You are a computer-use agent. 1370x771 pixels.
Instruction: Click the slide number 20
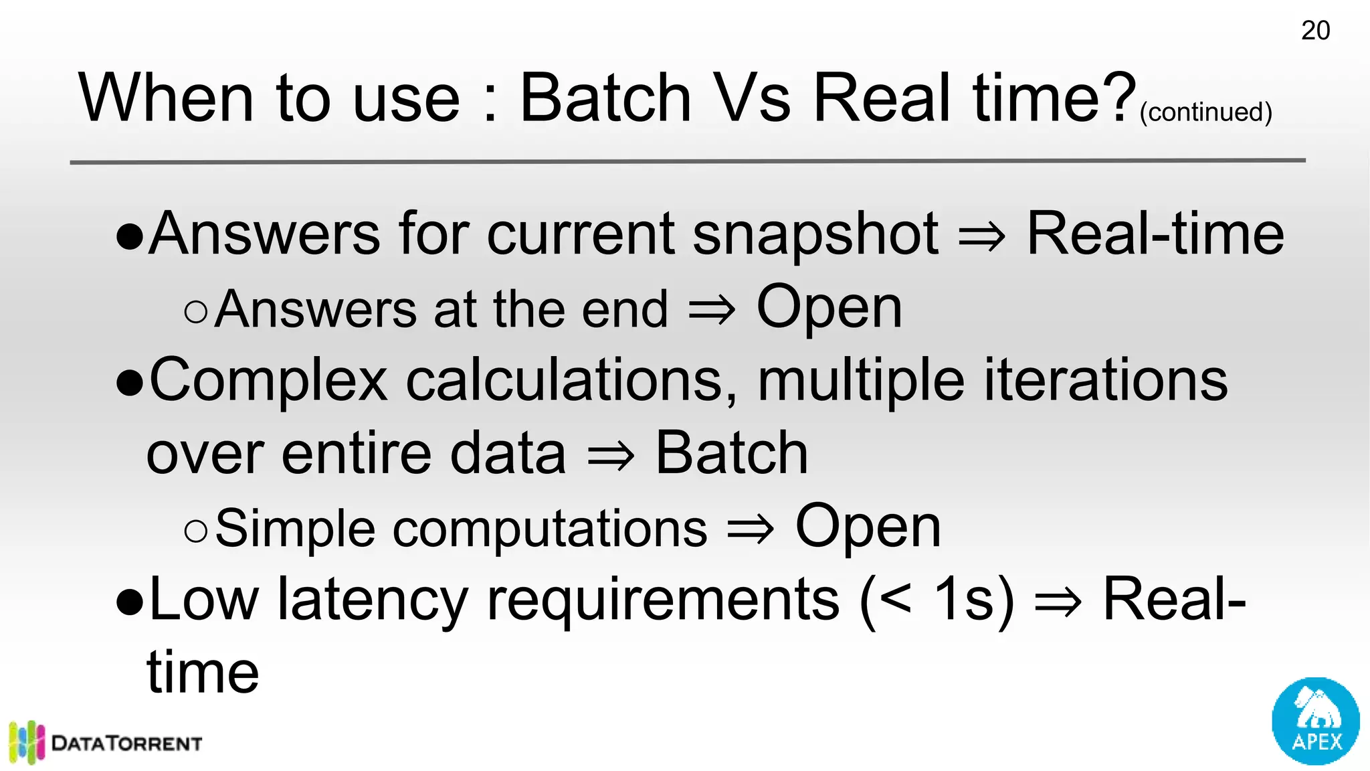1315,31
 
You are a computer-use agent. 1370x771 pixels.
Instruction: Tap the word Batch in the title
605,98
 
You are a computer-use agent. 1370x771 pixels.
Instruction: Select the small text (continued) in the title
1205,112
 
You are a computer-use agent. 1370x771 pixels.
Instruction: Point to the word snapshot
815,236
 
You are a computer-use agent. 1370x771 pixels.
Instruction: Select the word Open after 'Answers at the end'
829,308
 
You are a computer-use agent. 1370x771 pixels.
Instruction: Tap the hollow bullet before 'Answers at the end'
195,311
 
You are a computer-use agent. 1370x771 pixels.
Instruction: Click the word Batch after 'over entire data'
731,454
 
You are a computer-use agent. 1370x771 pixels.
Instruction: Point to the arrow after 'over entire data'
610,456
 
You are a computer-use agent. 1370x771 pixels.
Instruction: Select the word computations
549,529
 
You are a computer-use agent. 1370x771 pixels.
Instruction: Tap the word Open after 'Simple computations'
868,527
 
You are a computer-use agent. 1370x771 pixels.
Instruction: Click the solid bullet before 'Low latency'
130,602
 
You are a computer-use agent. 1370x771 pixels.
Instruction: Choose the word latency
373,600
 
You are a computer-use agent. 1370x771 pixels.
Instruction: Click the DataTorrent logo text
126,744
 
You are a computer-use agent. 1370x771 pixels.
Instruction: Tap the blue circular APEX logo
1315,721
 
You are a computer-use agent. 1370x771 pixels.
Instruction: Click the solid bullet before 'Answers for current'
130,236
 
